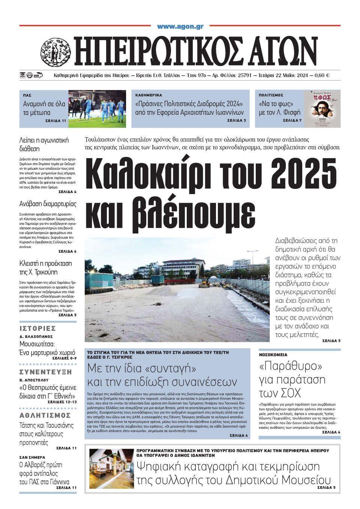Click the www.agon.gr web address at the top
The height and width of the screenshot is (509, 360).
(180, 27)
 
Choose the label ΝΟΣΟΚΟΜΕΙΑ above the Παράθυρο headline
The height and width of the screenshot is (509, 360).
(273, 354)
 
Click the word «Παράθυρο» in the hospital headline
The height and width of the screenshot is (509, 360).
(291, 366)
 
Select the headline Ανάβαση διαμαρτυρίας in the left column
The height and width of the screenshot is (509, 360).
(48, 204)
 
